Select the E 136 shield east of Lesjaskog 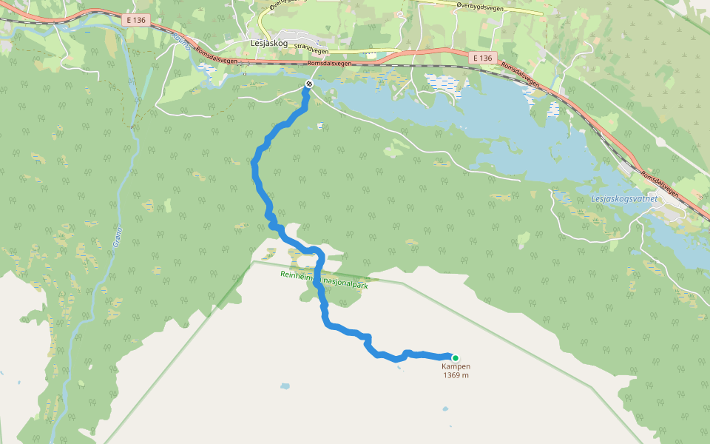coord(481,58)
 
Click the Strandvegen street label coord(311,50)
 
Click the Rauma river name coord(181,41)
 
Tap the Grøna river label coord(117,238)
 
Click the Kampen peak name coord(456,366)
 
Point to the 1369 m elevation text coord(456,375)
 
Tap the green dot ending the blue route coord(456,357)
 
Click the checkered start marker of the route coord(308,84)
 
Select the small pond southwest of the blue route coord(285,386)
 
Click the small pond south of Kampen coord(445,409)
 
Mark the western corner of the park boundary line coord(253,261)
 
